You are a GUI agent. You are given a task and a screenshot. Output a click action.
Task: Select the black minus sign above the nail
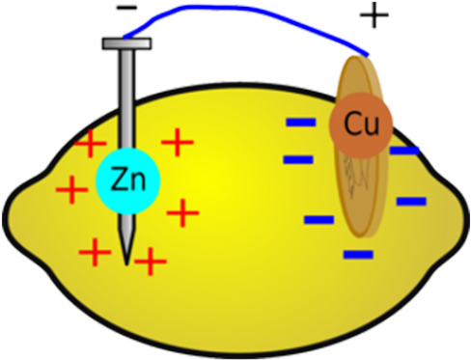pos(120,9)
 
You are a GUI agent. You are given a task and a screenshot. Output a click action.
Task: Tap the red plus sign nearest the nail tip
pos(150,261)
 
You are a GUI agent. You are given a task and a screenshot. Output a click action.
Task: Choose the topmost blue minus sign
pos(300,123)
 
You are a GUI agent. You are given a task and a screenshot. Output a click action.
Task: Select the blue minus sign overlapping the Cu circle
pos(403,151)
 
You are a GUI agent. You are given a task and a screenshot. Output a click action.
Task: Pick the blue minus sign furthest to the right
pos(411,202)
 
